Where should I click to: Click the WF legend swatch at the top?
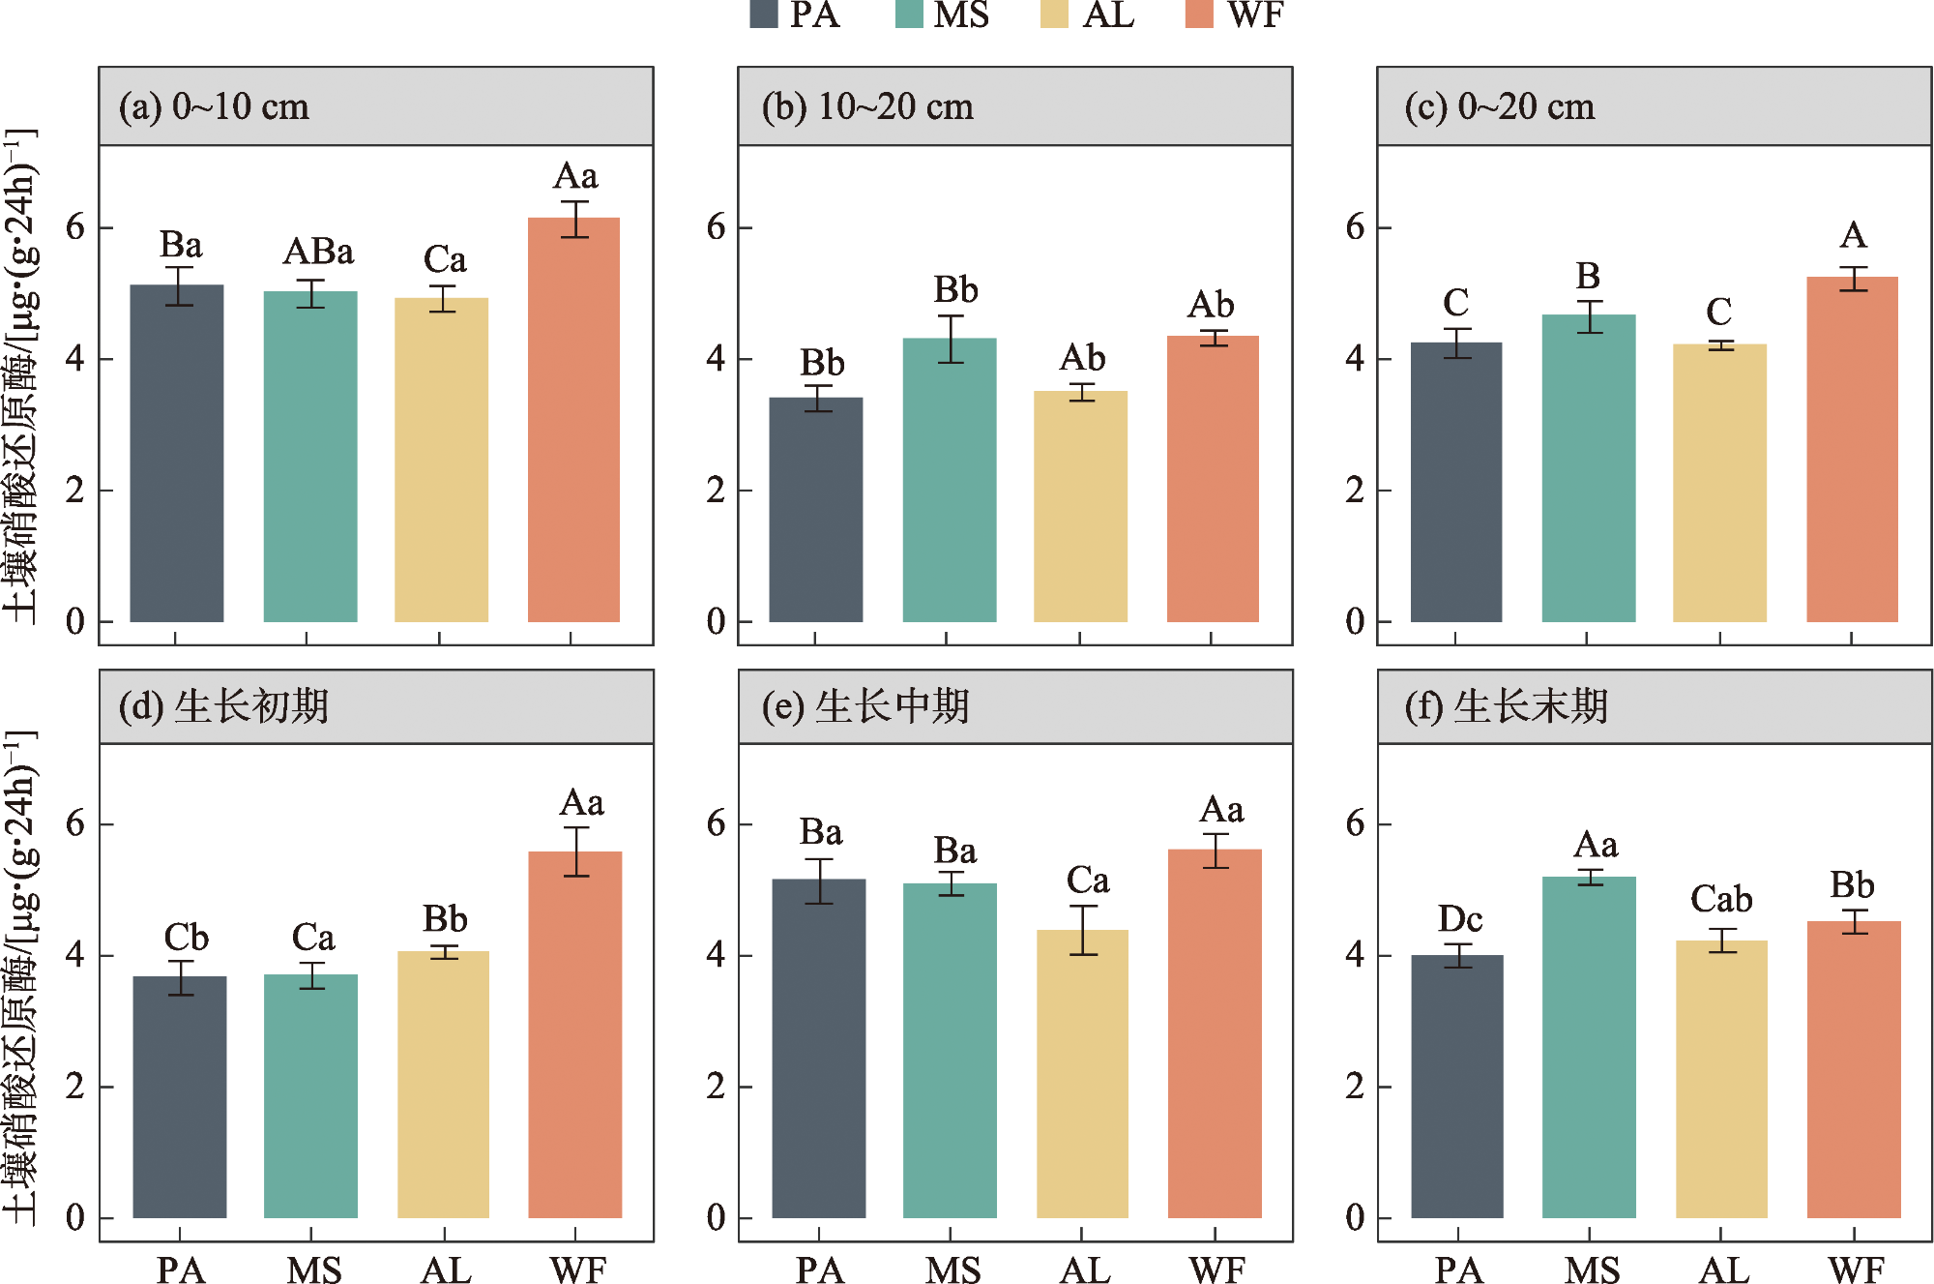[1199, 14]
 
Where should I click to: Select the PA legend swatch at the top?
[764, 14]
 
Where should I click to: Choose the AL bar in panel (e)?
[1082, 1073]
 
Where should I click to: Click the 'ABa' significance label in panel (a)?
[318, 253]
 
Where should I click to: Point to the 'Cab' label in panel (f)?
[1721, 900]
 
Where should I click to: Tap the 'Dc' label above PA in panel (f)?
[1459, 919]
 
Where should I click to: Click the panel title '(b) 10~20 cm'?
[867, 106]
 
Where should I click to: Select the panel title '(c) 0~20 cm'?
[1499, 106]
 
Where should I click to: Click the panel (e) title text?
[865, 707]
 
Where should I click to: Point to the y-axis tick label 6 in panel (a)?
[75, 228]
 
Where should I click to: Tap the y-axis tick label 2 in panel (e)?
[716, 1087]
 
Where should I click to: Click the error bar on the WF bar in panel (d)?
[576, 851]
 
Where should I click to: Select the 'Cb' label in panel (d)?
[186, 938]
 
